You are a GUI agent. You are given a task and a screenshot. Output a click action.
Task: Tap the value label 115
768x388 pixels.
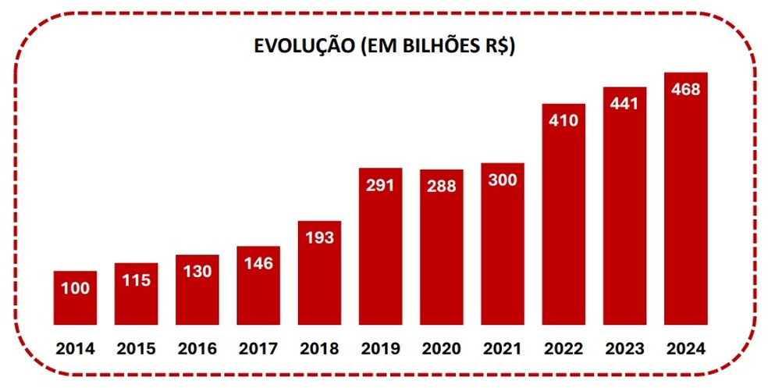(x=137, y=280)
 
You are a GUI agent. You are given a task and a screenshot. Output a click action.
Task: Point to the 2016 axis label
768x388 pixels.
(x=197, y=348)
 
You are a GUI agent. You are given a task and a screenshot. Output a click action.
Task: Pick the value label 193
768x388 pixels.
(x=319, y=237)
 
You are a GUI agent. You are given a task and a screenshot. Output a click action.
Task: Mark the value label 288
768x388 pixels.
(x=442, y=187)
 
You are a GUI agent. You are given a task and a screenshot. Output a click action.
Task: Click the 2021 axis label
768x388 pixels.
(x=503, y=348)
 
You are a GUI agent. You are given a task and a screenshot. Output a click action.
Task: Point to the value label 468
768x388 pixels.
(x=686, y=89)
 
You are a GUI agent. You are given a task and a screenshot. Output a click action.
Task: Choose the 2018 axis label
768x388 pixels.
(x=319, y=348)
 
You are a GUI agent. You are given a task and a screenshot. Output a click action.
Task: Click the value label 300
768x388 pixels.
(x=503, y=180)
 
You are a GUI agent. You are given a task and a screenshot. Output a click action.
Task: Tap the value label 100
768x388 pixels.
(x=75, y=288)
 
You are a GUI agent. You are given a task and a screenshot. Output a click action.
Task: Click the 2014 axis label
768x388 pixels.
(x=75, y=348)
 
